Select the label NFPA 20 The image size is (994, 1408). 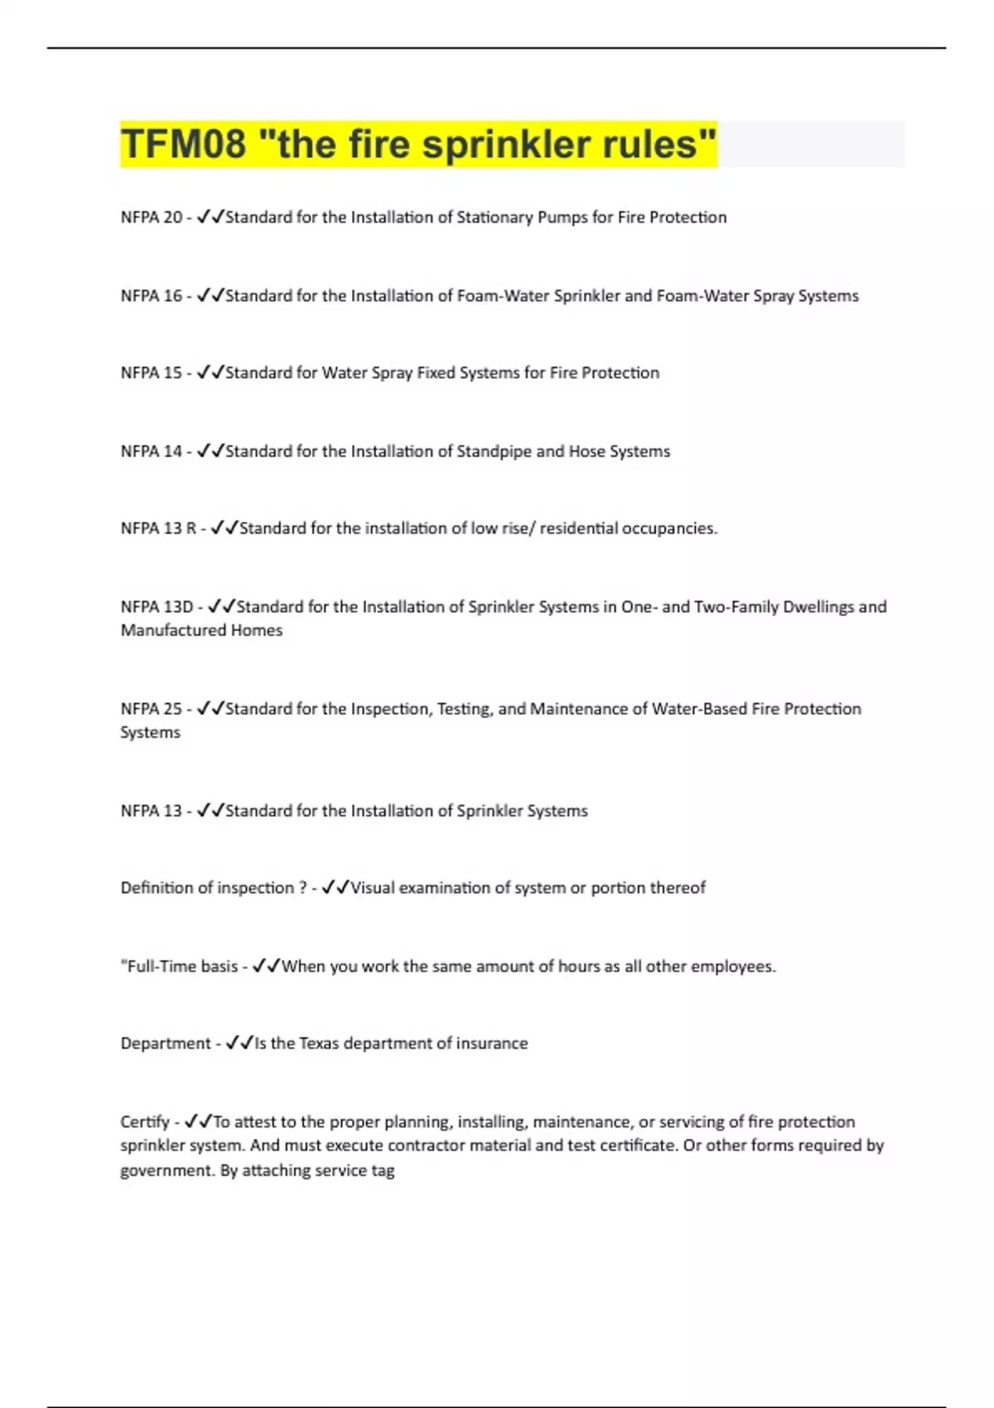click(151, 217)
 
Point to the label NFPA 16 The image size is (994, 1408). click(151, 296)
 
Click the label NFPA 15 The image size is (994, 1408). click(151, 373)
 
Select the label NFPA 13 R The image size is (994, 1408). click(158, 528)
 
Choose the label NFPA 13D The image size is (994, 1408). click(157, 607)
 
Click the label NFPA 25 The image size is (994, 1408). click(151, 709)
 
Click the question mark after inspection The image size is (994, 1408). click(302, 888)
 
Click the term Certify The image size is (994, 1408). click(144, 1122)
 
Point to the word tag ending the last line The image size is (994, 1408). click(383, 1170)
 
